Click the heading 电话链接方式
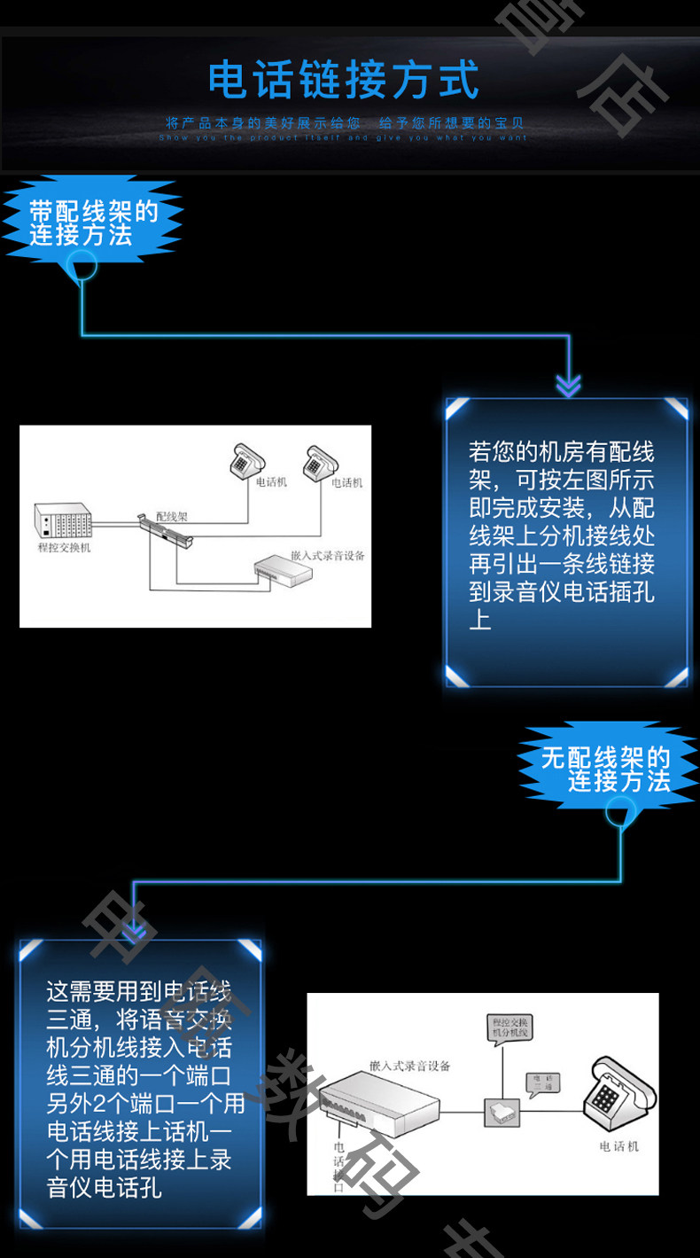click(x=344, y=80)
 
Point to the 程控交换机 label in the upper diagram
click(x=64, y=547)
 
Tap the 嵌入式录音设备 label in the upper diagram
click(x=327, y=556)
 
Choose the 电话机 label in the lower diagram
click(x=618, y=1146)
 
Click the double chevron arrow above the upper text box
click(x=568, y=385)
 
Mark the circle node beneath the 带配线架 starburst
click(x=82, y=264)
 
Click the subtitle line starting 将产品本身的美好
click(x=345, y=123)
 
